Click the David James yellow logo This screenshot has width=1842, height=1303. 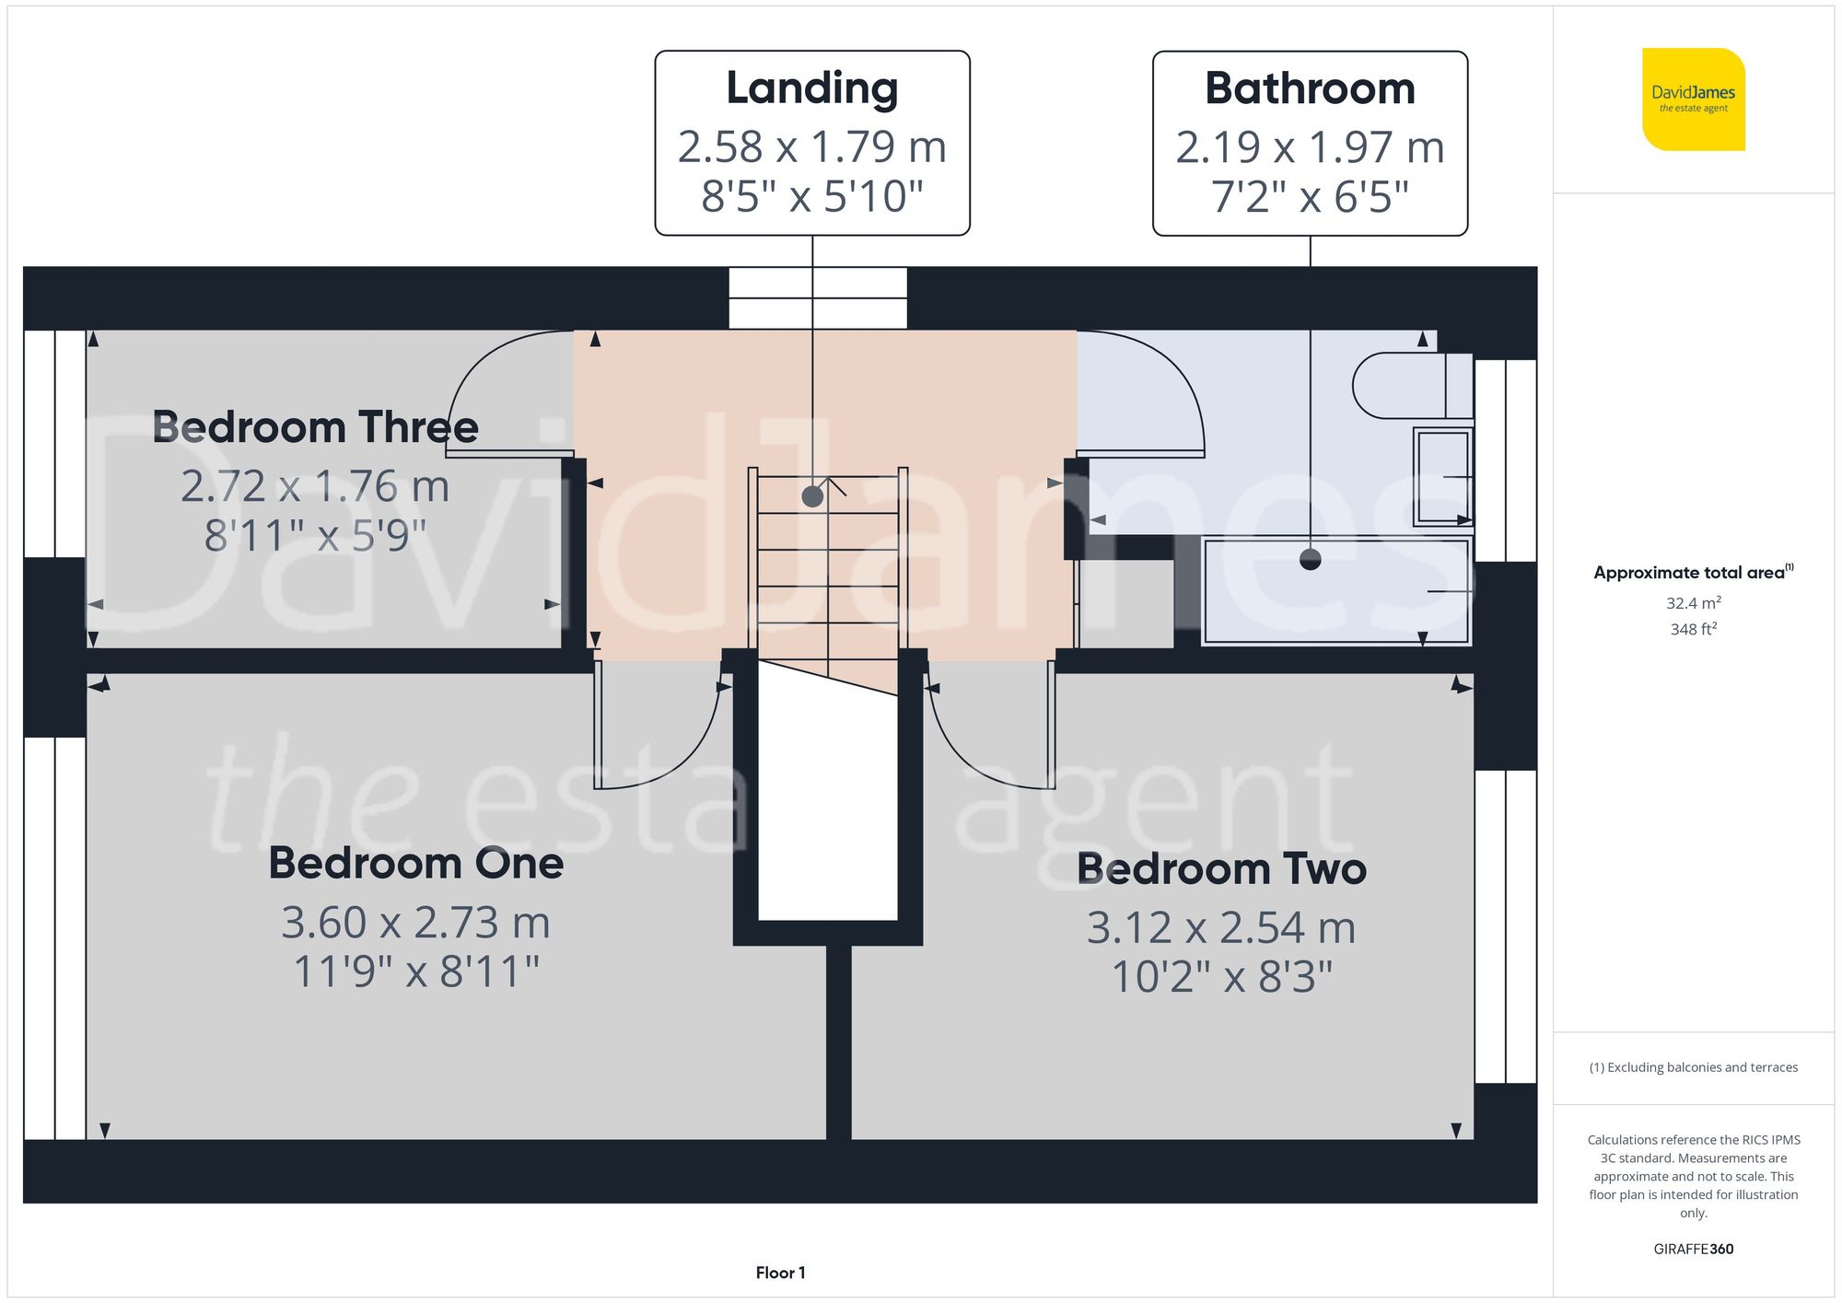tap(1693, 99)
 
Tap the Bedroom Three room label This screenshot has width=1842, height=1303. tap(315, 427)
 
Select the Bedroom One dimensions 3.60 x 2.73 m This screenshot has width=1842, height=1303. tap(415, 923)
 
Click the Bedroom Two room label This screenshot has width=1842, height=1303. tap(1221, 868)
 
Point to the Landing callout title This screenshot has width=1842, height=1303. tap(811, 88)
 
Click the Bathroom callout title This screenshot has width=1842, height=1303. tap(1310, 88)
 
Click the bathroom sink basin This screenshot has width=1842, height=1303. tap(1442, 476)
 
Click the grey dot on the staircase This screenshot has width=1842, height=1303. tap(812, 496)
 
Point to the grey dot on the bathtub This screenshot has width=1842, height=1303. tap(1310, 559)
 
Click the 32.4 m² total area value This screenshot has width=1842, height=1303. tap(1693, 603)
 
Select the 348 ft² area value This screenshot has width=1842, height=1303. tap(1693, 630)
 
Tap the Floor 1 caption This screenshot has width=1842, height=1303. tap(780, 1273)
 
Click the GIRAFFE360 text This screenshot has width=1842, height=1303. tap(1693, 1250)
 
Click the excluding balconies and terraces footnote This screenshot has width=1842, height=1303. tap(1693, 1067)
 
